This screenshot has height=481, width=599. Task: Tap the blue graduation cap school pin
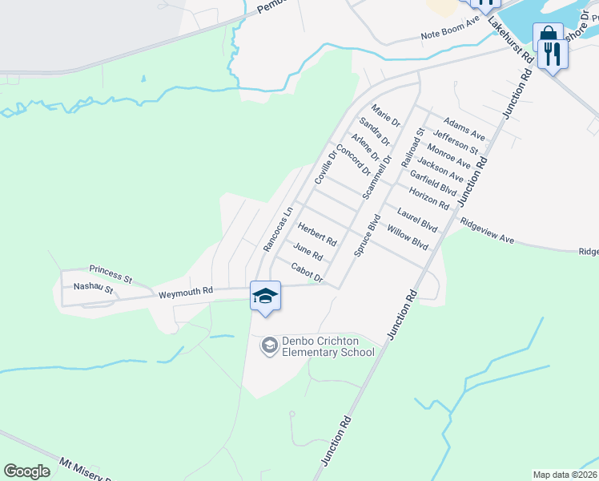click(x=265, y=297)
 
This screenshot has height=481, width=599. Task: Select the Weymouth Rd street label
click(x=185, y=294)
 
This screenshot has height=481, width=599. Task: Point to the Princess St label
click(x=111, y=273)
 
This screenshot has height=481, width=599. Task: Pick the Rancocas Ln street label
click(x=275, y=231)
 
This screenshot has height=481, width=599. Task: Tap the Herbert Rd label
click(x=317, y=236)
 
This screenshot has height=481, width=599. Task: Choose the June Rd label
click(x=308, y=252)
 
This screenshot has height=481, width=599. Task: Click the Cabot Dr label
click(x=306, y=273)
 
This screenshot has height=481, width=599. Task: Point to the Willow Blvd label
click(x=408, y=237)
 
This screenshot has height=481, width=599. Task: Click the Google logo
click(x=26, y=471)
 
